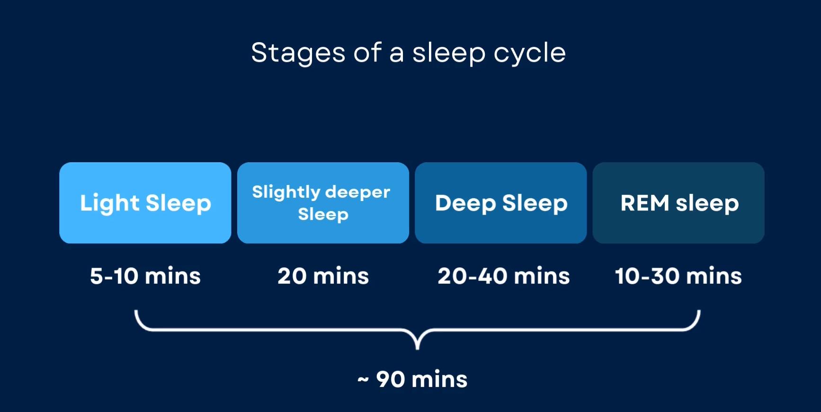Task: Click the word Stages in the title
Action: click(298, 53)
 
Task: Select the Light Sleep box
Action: click(145, 203)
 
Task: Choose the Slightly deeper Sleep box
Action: click(323, 203)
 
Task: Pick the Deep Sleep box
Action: click(501, 203)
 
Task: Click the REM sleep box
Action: click(678, 203)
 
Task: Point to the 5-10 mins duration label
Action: click(145, 276)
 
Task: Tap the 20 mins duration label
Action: click(323, 276)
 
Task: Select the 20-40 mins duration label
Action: click(504, 276)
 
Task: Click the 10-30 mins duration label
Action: click(678, 276)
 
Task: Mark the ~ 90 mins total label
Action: click(412, 379)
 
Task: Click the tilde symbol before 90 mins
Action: click(363, 380)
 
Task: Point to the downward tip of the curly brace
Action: click(417, 349)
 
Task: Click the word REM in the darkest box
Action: click(645, 203)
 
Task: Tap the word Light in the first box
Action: click(110, 204)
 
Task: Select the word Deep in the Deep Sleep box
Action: click(465, 204)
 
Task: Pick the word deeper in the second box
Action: click(358, 193)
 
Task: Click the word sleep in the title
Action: click(449, 54)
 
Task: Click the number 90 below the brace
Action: click(391, 379)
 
